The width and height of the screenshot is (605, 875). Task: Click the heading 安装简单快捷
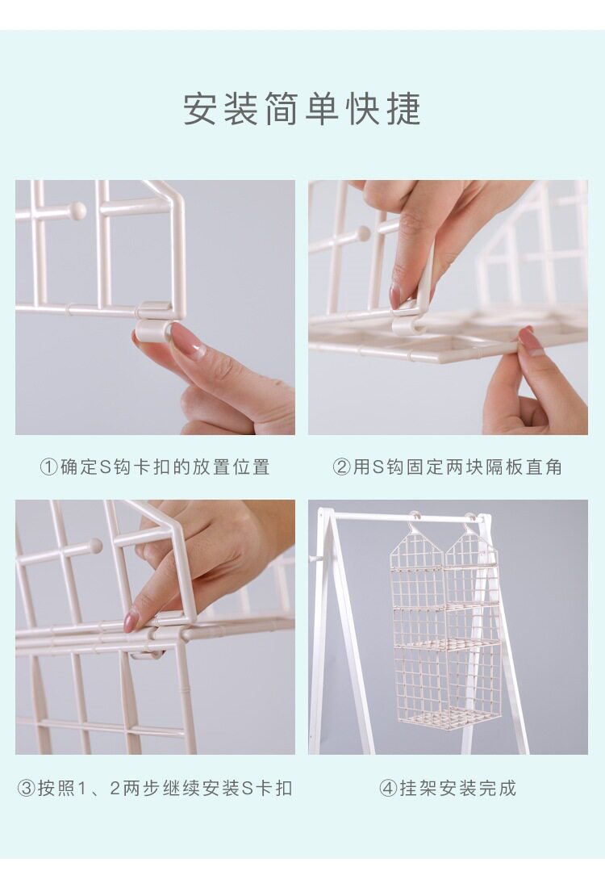(302, 109)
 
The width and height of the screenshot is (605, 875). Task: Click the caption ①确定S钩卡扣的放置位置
(154, 467)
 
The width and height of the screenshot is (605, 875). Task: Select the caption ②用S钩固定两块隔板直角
(447, 467)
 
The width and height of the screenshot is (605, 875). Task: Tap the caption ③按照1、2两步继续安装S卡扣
(154, 788)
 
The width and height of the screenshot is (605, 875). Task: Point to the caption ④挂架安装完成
(448, 788)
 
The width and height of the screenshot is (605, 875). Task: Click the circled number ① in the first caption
(48, 467)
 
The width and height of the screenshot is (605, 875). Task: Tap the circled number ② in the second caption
(342, 467)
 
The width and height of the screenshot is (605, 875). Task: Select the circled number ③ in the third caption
(27, 789)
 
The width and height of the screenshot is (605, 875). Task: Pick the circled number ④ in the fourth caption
(388, 789)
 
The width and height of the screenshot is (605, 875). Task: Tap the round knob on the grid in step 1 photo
(76, 211)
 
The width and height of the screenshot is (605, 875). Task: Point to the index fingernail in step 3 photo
(131, 621)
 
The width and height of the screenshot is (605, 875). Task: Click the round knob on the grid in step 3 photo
(94, 545)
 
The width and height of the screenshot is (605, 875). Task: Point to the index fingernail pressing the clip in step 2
(397, 295)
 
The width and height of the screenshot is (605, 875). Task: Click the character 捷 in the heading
(403, 109)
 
